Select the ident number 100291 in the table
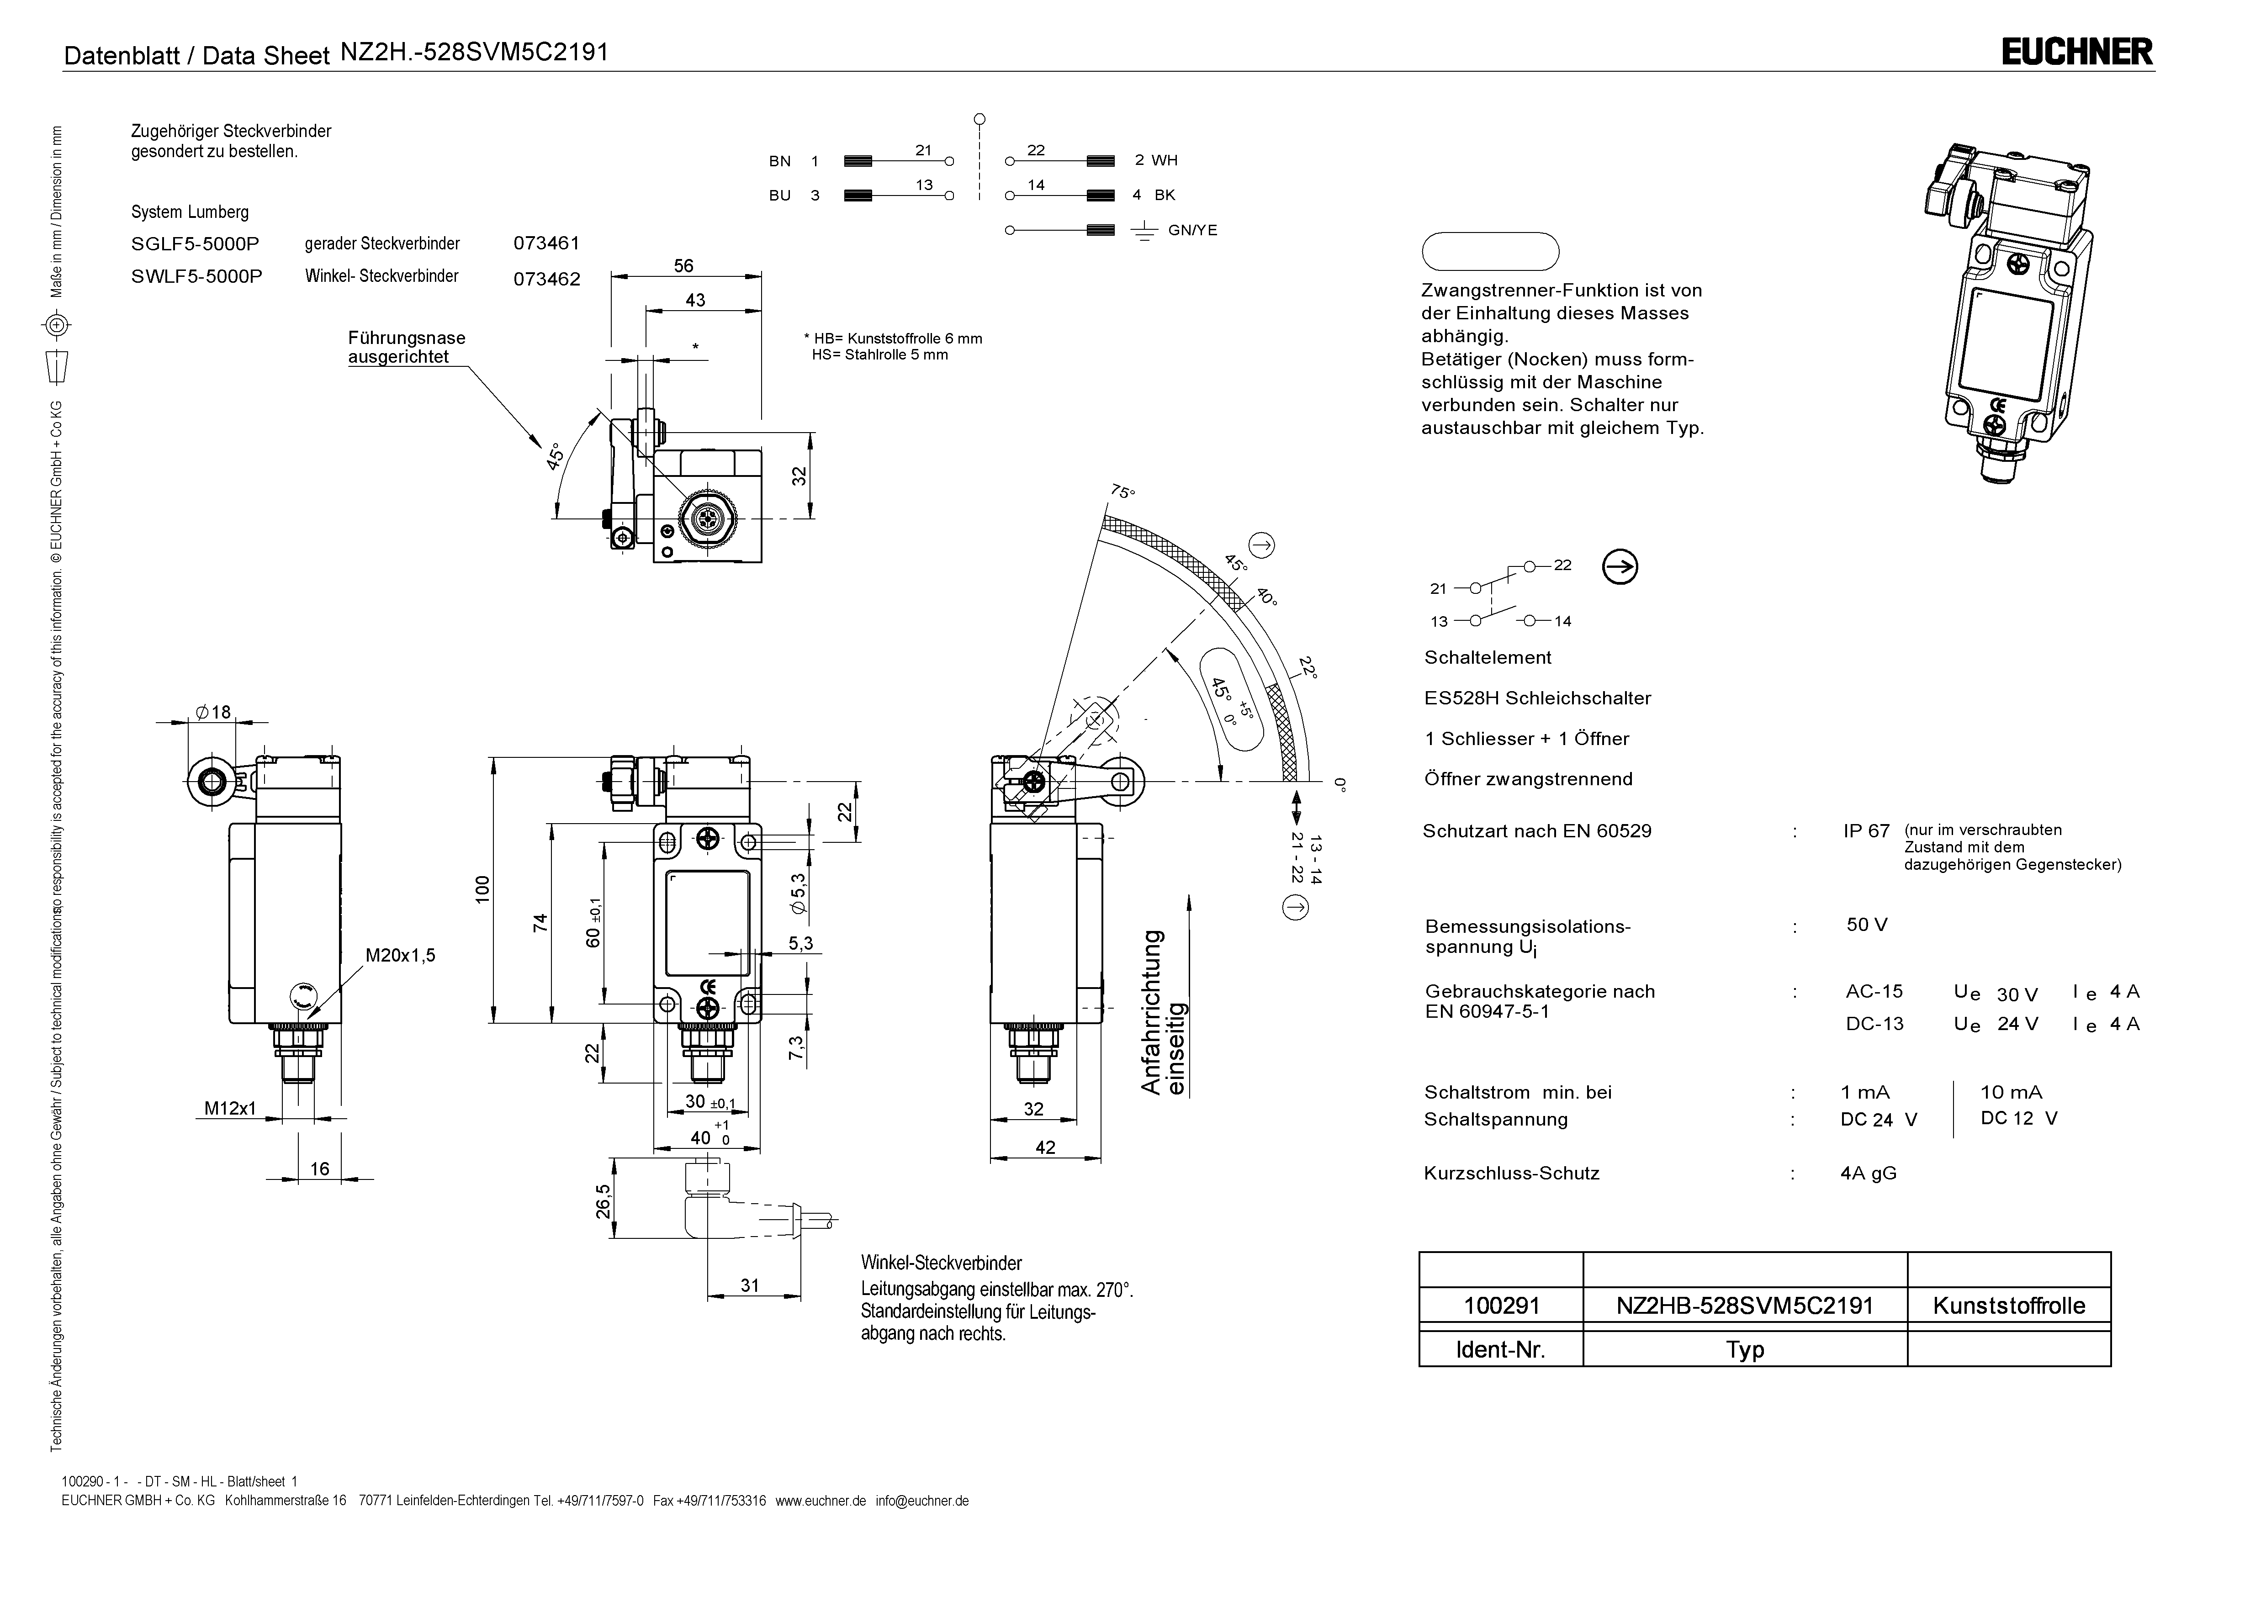(x=1501, y=1306)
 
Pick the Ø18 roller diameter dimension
(x=213, y=712)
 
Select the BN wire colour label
(x=780, y=161)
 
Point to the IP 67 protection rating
(x=1865, y=831)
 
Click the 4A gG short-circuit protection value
(x=1868, y=1174)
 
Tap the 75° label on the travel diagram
(x=1123, y=492)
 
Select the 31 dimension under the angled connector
(x=750, y=1285)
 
